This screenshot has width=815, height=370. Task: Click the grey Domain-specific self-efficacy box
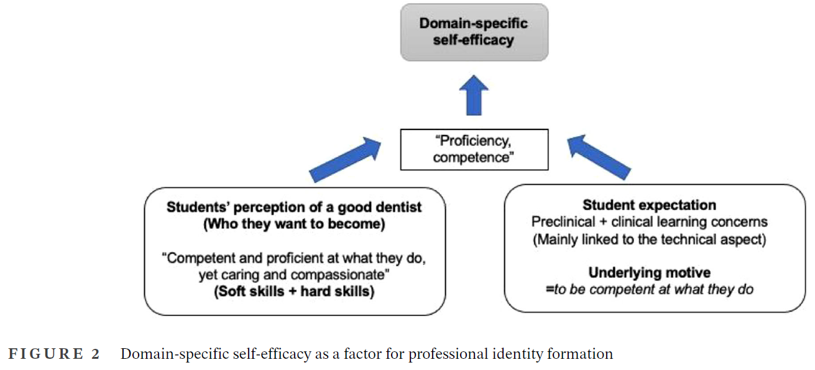pyautogui.click(x=474, y=32)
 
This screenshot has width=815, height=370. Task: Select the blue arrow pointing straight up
pyautogui.click(x=474, y=95)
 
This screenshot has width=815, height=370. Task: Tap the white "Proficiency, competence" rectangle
pyautogui.click(x=474, y=149)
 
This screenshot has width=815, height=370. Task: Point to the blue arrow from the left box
pyautogui.click(x=346, y=160)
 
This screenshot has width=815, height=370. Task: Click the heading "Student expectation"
pyautogui.click(x=649, y=205)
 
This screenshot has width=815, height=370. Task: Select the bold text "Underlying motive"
pyautogui.click(x=649, y=272)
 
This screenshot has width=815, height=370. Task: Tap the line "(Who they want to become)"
pyautogui.click(x=294, y=224)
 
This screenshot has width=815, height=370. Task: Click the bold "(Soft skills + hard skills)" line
pyautogui.click(x=294, y=292)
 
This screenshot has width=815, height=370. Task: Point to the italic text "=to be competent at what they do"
pyautogui.click(x=649, y=289)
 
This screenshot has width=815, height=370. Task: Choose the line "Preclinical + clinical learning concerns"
pyautogui.click(x=649, y=222)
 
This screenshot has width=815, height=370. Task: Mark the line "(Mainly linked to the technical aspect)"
pyautogui.click(x=649, y=239)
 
